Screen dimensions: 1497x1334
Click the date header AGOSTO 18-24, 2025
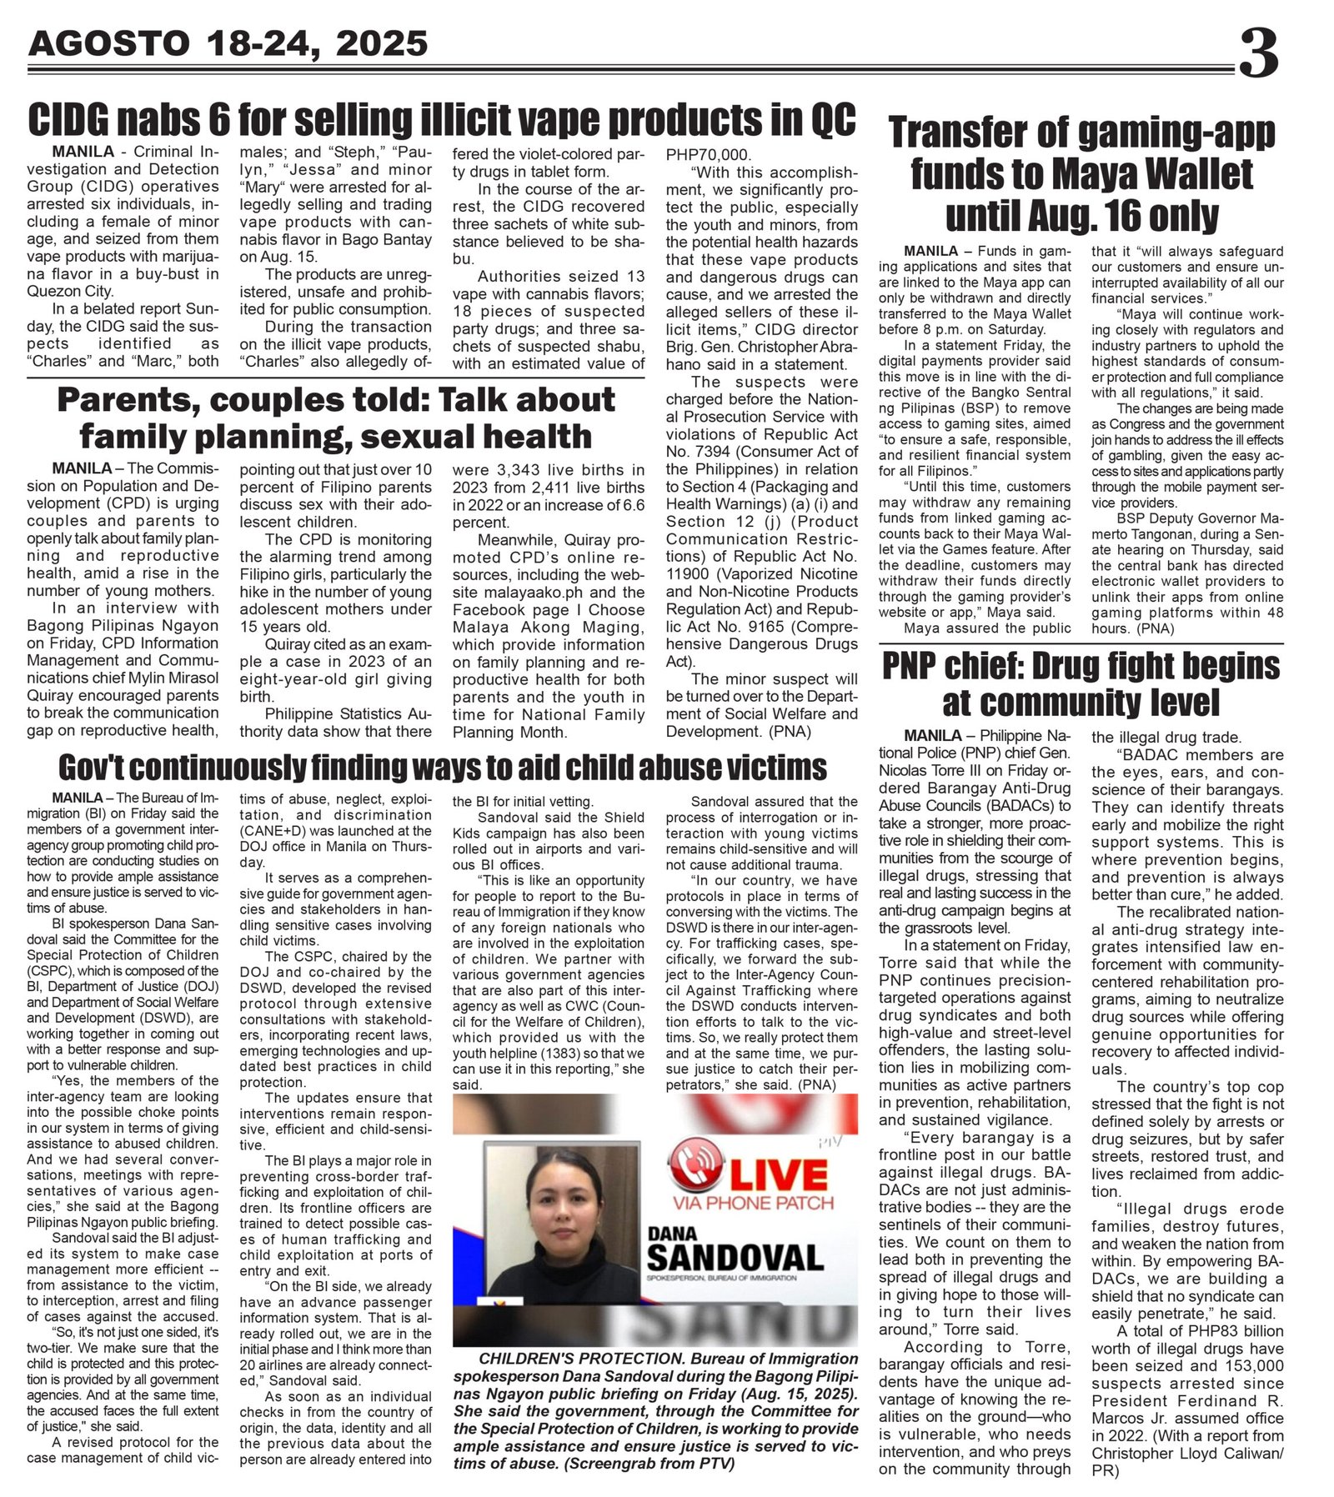pyautogui.click(x=228, y=43)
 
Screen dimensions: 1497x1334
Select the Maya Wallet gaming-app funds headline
pyautogui.click(x=1081, y=174)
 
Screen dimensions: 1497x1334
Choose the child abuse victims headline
pyautogui.click(x=443, y=766)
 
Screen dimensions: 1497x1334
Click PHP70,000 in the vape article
pyautogui.click(x=708, y=155)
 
